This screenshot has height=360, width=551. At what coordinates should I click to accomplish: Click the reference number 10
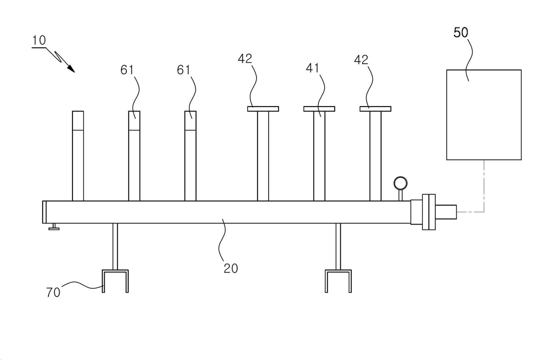39,40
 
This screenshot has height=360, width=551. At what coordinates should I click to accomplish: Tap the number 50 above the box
461,33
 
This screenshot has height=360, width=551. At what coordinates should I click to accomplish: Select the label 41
312,68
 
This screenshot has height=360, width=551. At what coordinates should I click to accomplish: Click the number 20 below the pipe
231,268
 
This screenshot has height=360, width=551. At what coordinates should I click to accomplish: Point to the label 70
53,292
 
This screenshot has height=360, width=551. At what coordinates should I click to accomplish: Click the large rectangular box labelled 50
484,115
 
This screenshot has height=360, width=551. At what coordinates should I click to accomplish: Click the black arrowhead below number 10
71,69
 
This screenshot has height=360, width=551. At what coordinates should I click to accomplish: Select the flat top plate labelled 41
319,109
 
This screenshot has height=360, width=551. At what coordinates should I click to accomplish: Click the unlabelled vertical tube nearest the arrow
78,156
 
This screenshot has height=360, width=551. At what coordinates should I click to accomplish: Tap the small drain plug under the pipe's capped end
54,227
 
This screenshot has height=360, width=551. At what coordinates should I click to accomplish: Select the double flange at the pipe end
429,212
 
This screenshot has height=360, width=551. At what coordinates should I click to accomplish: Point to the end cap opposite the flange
44,212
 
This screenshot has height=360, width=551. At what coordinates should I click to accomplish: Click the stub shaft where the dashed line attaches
446,212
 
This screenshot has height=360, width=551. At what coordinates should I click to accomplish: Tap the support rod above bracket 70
115,247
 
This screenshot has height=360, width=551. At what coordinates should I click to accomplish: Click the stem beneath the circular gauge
400,195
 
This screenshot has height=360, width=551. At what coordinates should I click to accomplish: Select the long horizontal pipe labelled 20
226,212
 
